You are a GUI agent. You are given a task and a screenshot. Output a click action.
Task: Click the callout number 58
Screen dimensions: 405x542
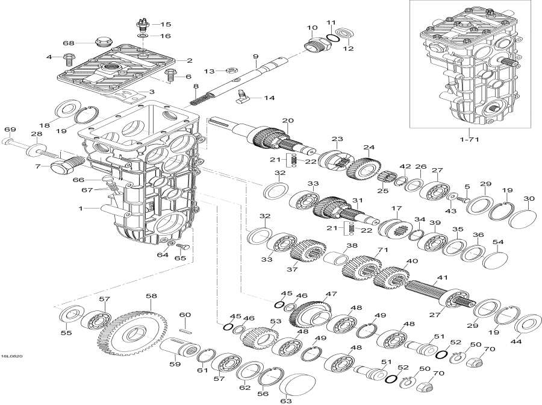[x=151, y=296]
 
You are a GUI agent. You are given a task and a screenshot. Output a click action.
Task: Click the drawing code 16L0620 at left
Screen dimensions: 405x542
[x=12, y=356]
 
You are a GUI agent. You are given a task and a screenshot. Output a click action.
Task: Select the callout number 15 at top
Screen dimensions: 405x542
[x=165, y=25]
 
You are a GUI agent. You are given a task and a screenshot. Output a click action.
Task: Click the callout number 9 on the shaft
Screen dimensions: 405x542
[x=255, y=57]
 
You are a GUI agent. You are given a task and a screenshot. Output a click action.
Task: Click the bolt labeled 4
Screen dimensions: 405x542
[x=67, y=59]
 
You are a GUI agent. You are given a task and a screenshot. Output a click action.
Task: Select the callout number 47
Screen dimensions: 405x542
[x=329, y=294]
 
